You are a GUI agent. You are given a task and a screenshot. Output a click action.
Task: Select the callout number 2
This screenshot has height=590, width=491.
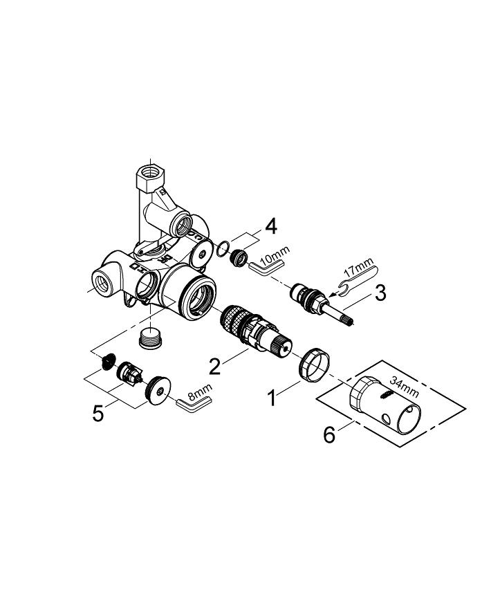point(214,366)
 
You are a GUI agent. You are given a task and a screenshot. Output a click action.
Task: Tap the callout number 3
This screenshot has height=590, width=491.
point(380,293)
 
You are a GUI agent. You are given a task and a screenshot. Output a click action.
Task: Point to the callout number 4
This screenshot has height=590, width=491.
point(271,228)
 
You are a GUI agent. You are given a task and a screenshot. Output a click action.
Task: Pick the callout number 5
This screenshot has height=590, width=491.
point(98,414)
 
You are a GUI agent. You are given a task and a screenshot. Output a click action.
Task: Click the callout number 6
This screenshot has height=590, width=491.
point(329,435)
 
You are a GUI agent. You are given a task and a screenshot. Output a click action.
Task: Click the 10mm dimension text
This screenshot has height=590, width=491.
point(275,255)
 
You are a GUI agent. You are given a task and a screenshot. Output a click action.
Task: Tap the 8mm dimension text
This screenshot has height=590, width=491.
point(200,392)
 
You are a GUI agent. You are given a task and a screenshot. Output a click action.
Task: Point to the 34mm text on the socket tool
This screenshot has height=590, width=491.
point(404,387)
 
